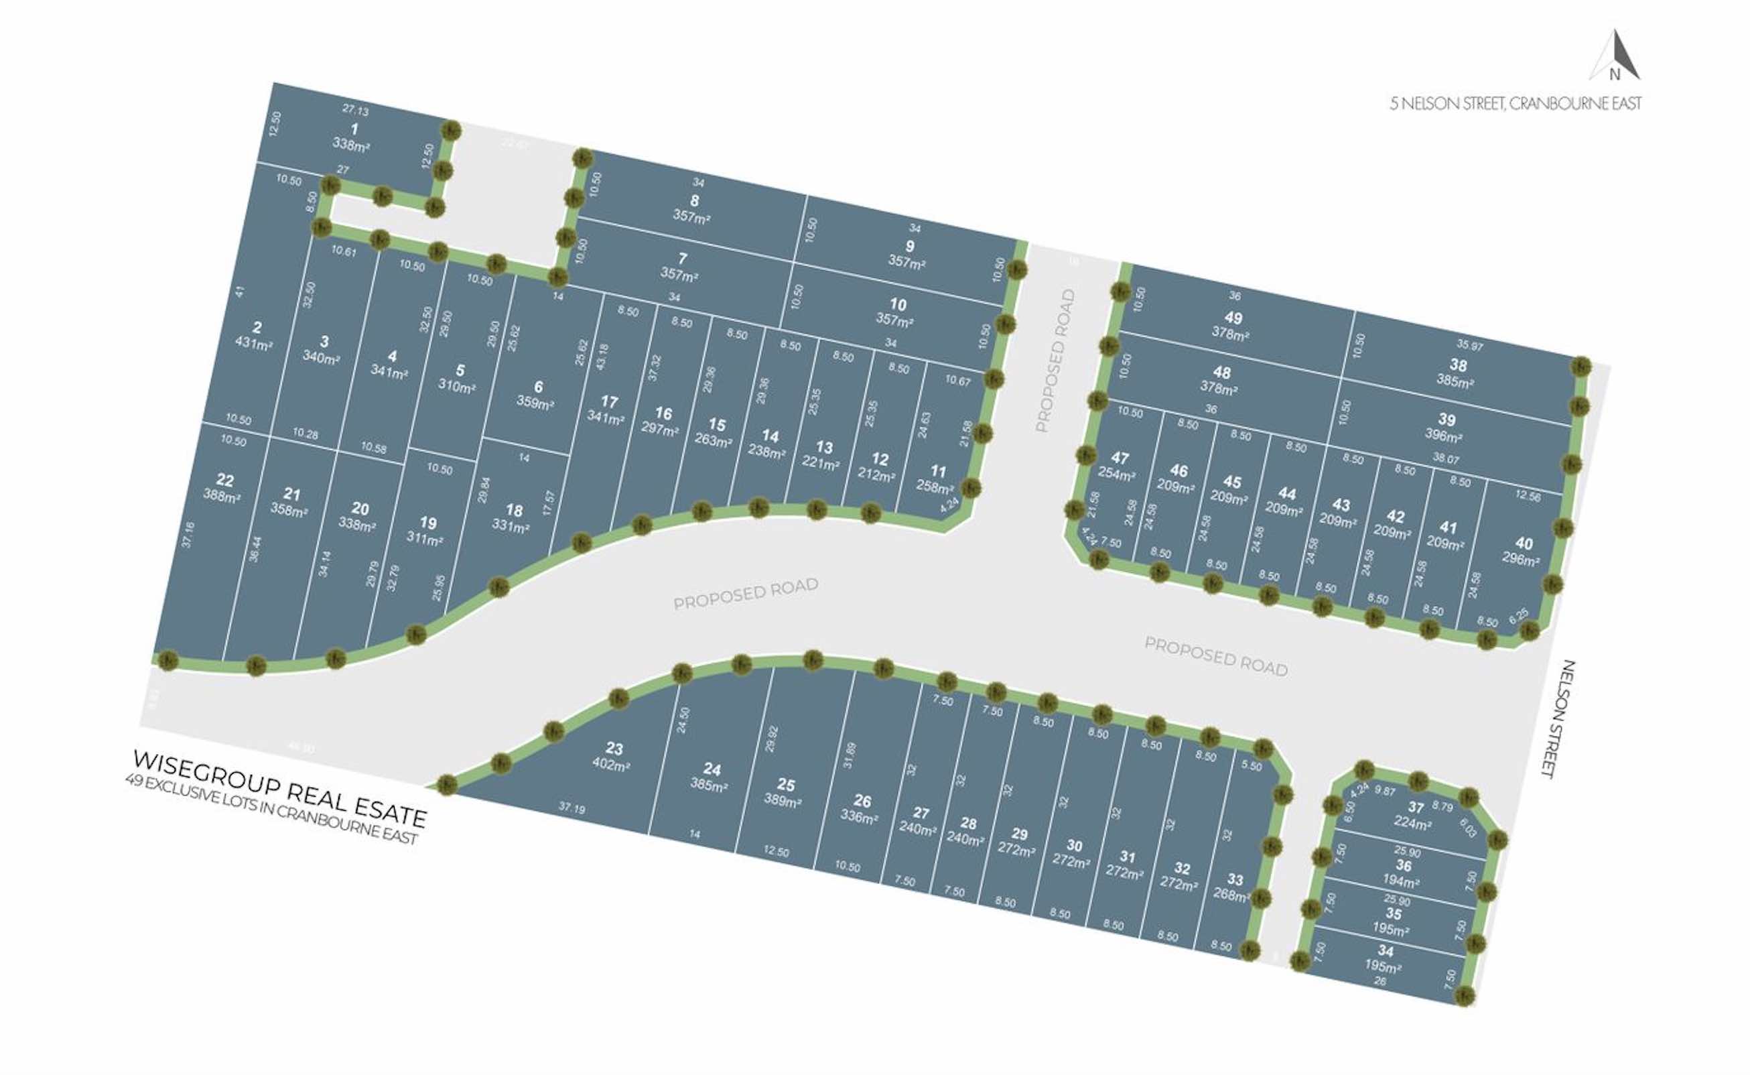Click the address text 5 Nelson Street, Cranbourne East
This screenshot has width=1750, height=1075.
click(x=1516, y=104)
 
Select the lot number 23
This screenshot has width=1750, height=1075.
click(x=614, y=748)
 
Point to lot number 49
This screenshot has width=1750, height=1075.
click(x=1233, y=318)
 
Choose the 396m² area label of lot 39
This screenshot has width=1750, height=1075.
click(x=1442, y=436)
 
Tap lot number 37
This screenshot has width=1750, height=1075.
click(x=1416, y=807)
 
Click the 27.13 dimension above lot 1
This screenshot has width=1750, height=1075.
click(x=355, y=110)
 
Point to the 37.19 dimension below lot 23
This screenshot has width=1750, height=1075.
click(x=571, y=808)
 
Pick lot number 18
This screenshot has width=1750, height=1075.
click(x=514, y=510)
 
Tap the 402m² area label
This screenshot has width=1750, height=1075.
click(x=611, y=766)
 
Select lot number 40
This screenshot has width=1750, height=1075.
click(x=1524, y=543)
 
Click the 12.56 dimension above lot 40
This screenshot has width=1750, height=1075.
click(x=1528, y=496)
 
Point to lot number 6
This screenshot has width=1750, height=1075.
click(x=539, y=387)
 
